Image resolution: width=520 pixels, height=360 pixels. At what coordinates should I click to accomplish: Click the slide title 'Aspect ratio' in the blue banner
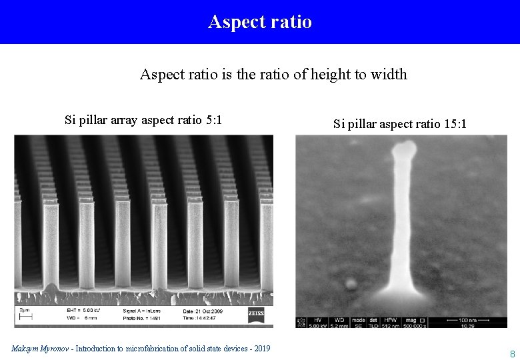point(260,22)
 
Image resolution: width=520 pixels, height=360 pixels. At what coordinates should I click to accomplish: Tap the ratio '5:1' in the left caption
point(214,121)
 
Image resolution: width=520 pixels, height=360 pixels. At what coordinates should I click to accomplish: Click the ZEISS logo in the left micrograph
point(256,313)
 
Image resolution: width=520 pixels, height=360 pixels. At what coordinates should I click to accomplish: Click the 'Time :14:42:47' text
point(199,319)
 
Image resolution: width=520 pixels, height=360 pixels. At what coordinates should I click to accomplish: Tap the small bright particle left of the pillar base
point(351,284)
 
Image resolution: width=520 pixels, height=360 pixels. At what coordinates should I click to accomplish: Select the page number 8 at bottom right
point(512,354)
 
